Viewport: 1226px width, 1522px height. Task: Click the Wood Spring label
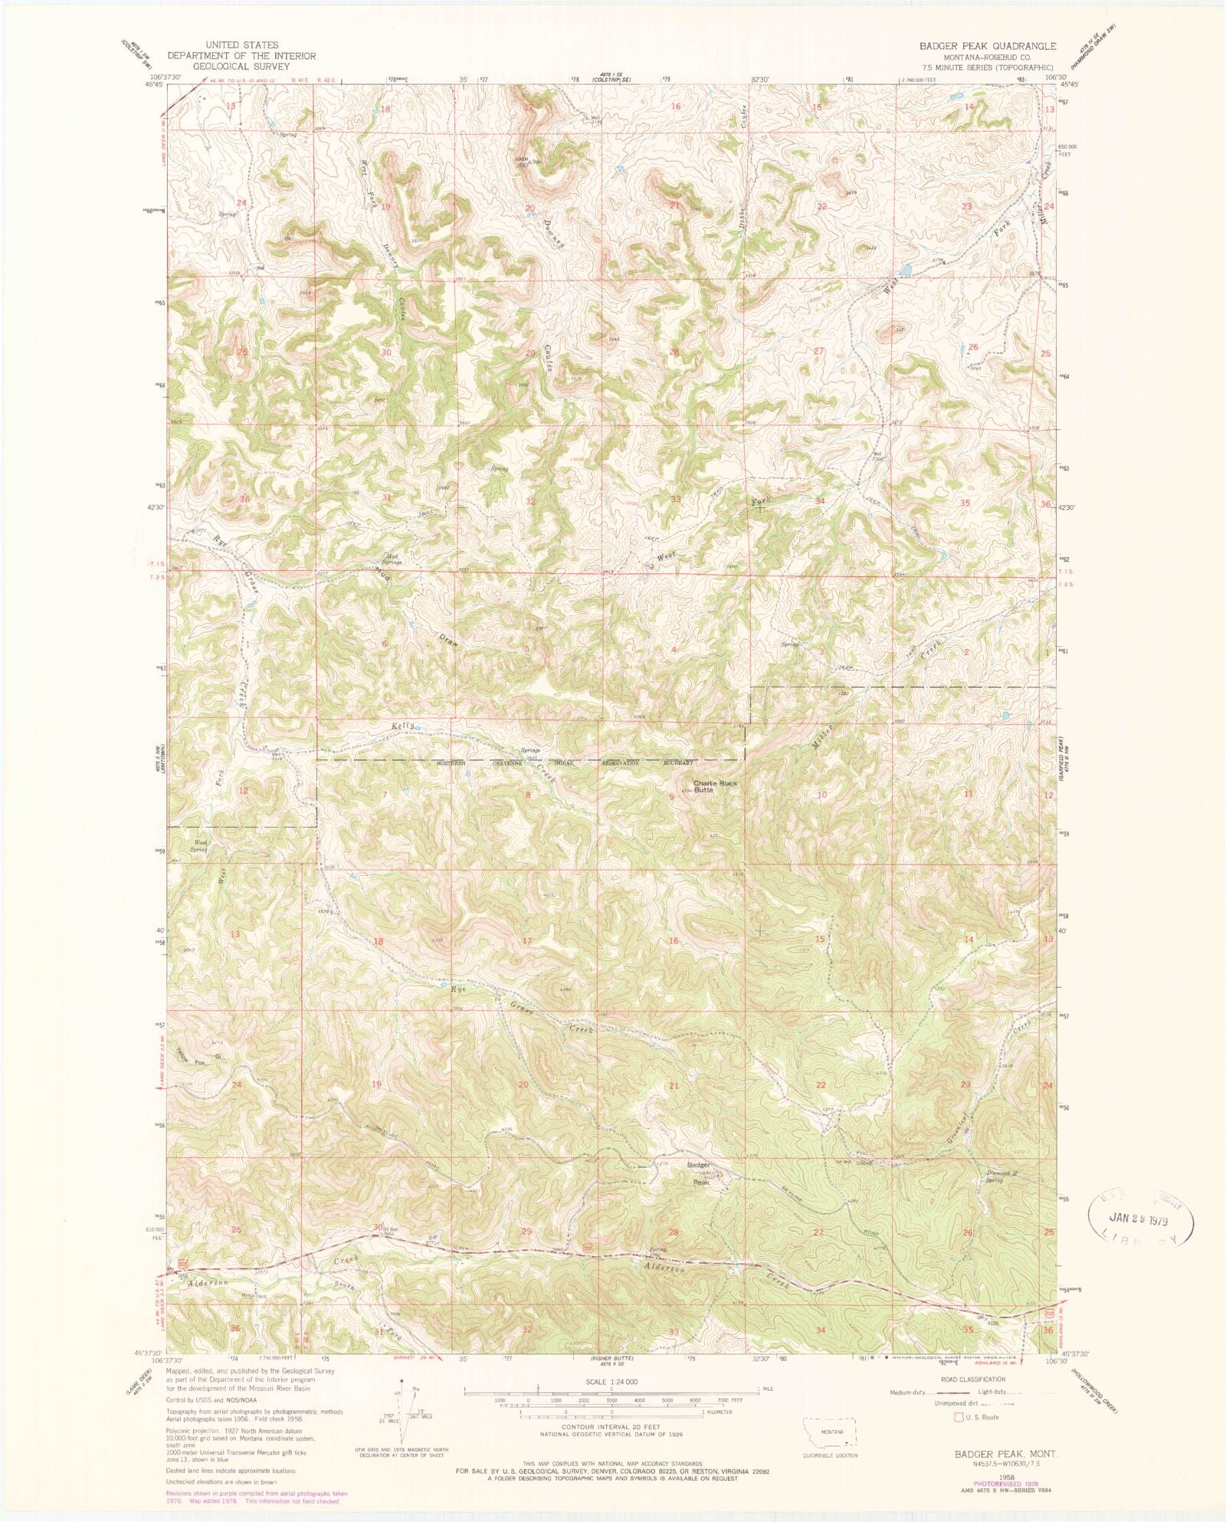pyautogui.click(x=198, y=847)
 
